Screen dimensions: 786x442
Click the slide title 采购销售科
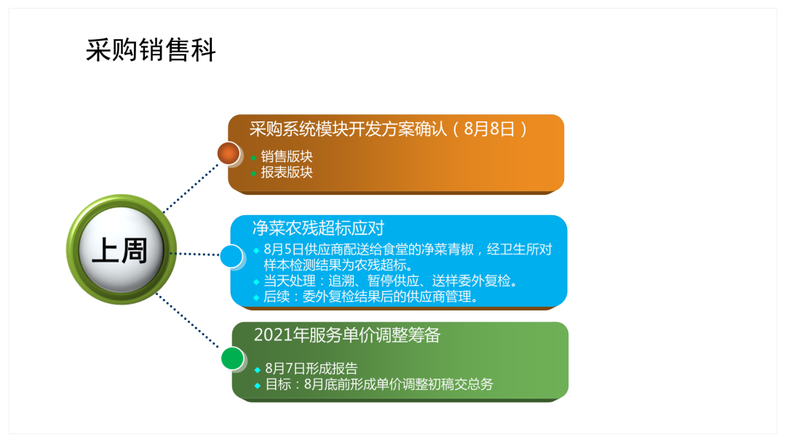[151, 50]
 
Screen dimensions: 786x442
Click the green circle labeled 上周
[122, 249]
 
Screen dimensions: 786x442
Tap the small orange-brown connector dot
[229, 153]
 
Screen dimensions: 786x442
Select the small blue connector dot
[231, 257]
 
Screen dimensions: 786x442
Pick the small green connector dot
[233, 358]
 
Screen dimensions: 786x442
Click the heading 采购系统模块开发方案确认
[348, 129]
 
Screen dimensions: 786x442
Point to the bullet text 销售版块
[287, 157]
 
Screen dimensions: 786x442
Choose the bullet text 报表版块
[287, 172]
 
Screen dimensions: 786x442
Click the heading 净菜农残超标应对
[318, 228]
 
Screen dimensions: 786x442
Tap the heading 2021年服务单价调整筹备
[347, 335]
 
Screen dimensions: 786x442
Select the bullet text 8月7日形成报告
[311, 369]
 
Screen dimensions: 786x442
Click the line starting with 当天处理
[391, 281]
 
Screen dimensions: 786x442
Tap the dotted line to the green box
[188, 321]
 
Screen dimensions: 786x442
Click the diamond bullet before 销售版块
[254, 158]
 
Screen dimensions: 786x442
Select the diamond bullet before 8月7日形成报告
[257, 370]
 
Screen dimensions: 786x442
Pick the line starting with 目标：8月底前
[379, 385]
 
